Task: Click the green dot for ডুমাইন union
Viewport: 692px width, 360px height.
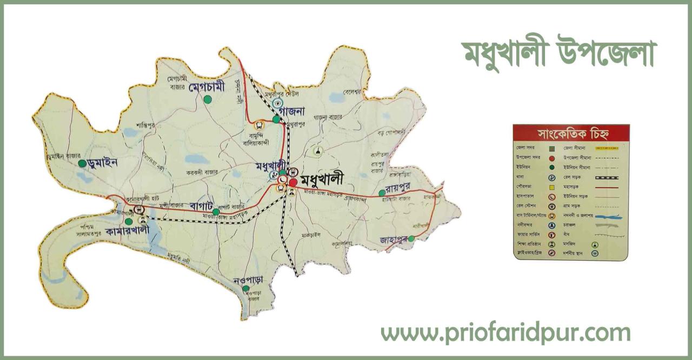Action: pyautogui.click(x=82, y=163)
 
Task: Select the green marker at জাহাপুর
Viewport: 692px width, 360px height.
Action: pyautogui.click(x=411, y=238)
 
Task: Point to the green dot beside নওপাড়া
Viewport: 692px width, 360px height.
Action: pyautogui.click(x=245, y=288)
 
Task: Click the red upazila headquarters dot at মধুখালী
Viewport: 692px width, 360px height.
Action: pyautogui.click(x=292, y=183)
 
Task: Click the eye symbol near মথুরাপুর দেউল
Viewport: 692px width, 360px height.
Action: pyautogui.click(x=277, y=102)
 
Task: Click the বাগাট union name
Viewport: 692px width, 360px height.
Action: pyautogui.click(x=203, y=206)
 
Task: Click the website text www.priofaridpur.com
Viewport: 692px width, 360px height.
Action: pyautogui.click(x=505, y=333)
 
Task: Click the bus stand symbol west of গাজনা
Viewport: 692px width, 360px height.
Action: pyautogui.click(x=258, y=125)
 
